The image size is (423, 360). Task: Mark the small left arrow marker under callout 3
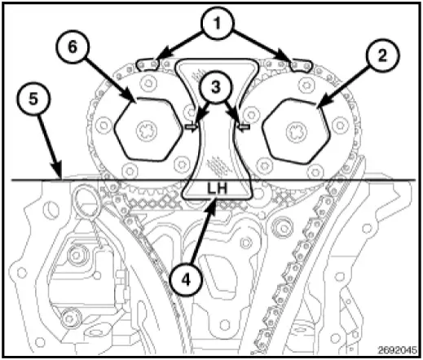coord(192,126)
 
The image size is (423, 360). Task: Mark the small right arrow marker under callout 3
coord(241,126)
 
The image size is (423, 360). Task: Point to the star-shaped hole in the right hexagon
coord(295,130)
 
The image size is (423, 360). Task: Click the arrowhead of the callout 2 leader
coord(319,106)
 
